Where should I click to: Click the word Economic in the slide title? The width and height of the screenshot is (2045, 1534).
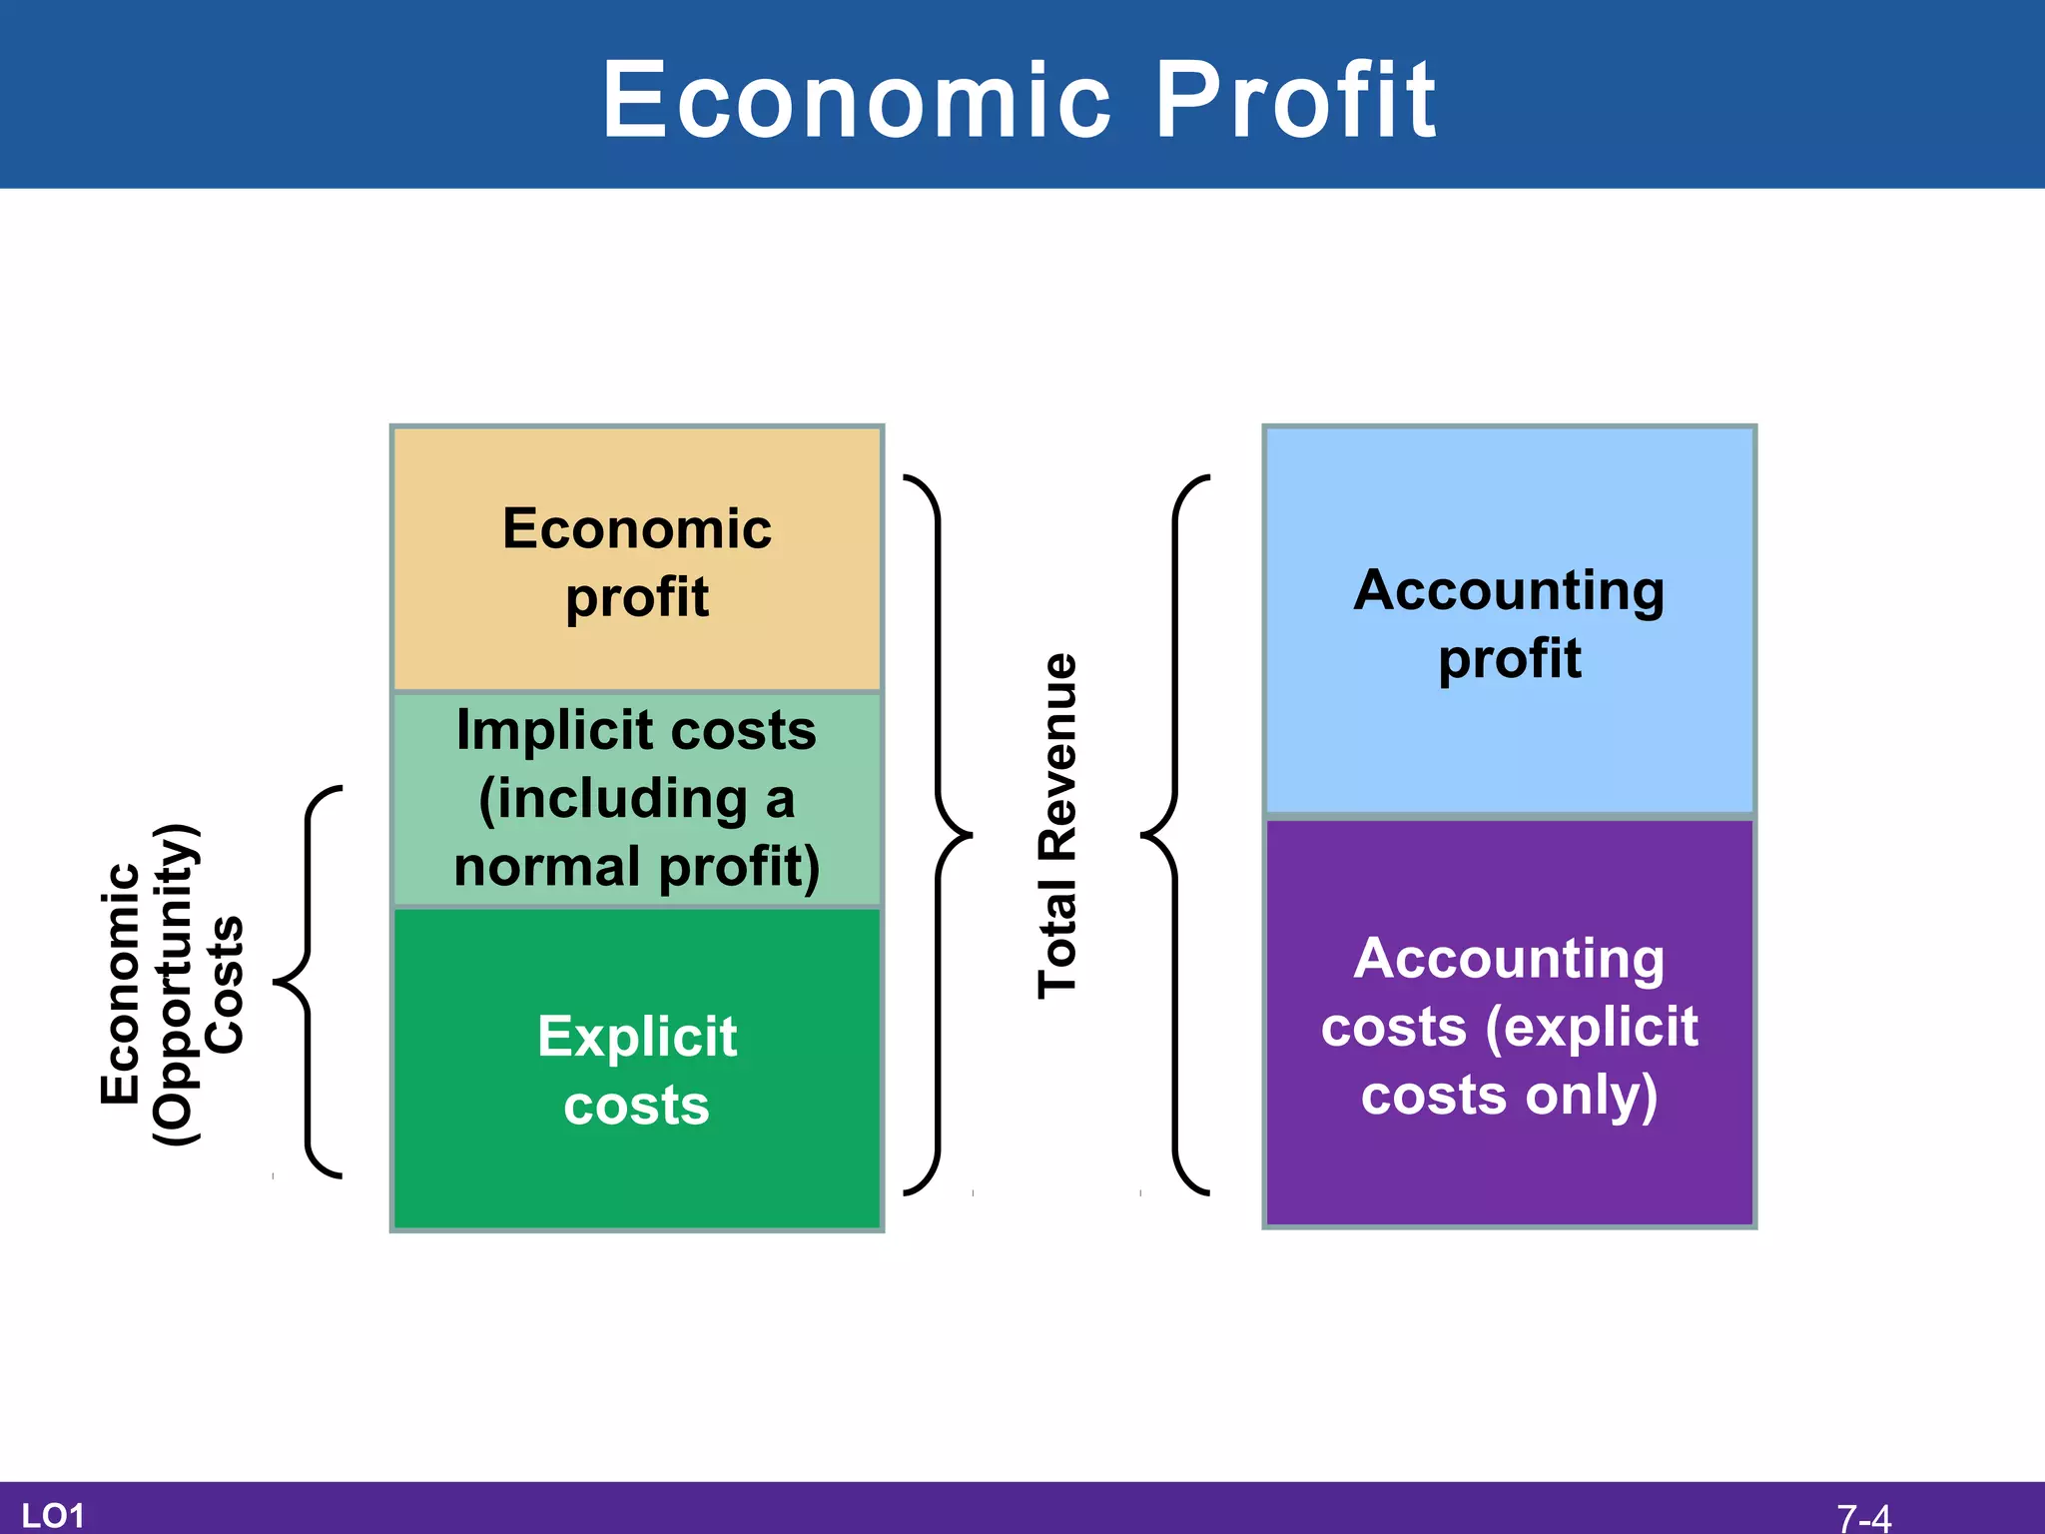(x=857, y=100)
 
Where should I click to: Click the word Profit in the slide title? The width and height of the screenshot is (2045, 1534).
(x=1295, y=100)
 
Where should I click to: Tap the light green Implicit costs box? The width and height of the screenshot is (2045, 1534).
(x=637, y=799)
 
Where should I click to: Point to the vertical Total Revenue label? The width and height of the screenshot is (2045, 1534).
(x=1058, y=826)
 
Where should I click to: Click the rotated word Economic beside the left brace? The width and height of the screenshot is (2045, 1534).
(x=120, y=984)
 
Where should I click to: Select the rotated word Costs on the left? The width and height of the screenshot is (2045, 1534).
(x=225, y=984)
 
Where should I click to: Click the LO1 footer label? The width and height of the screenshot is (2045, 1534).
(x=52, y=1516)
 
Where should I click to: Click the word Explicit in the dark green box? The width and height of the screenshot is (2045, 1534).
(x=637, y=1037)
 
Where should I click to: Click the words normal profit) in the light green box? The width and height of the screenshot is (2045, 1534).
(x=637, y=867)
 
